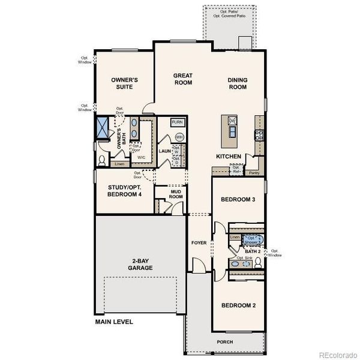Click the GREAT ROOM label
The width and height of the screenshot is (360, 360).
pos(183,79)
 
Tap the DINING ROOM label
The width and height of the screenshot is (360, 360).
pos(238,83)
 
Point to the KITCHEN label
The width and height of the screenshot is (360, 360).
pos(229,157)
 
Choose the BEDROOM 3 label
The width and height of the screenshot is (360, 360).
pos(238,200)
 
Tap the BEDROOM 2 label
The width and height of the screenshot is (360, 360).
pos(238,305)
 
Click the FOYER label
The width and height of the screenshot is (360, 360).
pos(199,243)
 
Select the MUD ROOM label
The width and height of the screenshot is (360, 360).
pos(175,194)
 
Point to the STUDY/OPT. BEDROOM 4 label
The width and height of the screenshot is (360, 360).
pos(125,190)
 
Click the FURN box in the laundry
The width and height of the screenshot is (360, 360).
pos(177,122)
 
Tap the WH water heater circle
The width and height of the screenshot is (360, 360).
pos(179,137)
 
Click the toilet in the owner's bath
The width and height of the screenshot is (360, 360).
pos(102,161)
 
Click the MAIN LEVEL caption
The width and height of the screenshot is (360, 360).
pos(114,322)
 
